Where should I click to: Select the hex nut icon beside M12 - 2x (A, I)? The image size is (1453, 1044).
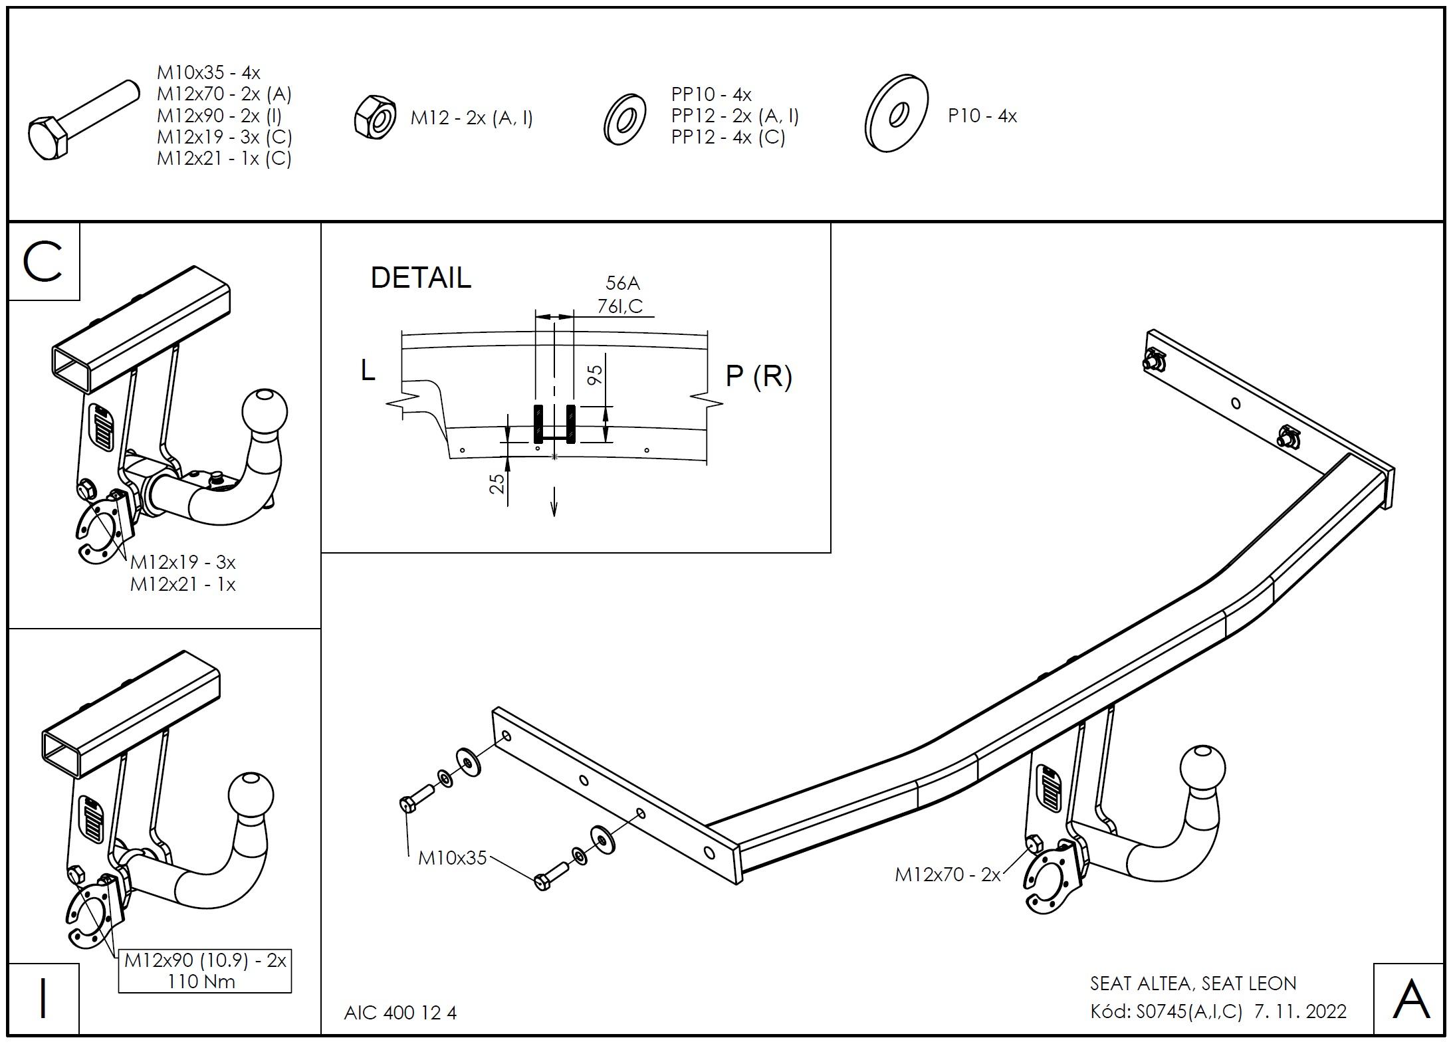click(x=376, y=117)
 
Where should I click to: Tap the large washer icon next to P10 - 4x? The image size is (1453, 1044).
click(x=897, y=114)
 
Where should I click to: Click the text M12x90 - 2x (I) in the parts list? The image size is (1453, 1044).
click(x=219, y=116)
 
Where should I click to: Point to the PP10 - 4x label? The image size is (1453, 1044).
click(x=711, y=94)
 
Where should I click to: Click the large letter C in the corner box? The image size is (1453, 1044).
click(x=43, y=262)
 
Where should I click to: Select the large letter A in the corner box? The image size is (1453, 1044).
click(x=1410, y=1000)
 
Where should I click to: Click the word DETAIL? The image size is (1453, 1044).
click(x=421, y=278)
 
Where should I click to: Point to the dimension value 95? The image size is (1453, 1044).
click(x=596, y=375)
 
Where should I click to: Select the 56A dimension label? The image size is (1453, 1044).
click(x=622, y=284)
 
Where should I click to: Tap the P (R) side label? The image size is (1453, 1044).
click(x=759, y=377)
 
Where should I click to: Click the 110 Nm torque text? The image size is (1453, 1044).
click(x=201, y=982)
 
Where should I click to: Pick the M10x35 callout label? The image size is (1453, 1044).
click(x=453, y=858)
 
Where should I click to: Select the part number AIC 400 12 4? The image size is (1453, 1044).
click(x=400, y=1013)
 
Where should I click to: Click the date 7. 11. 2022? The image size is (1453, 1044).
click(x=1300, y=1011)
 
